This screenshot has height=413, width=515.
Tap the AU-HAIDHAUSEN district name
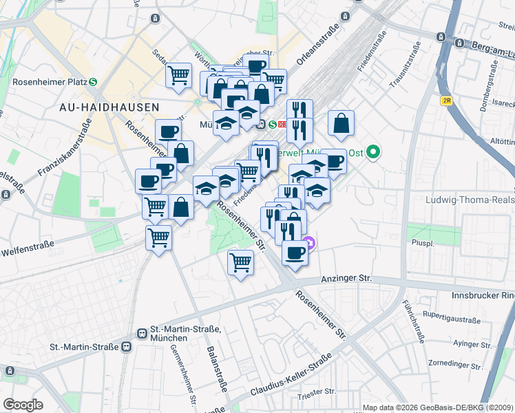[109, 107]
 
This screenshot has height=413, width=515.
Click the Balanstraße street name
[216, 369]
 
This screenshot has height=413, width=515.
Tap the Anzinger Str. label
[346, 279]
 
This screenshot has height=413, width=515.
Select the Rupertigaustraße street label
[452, 319]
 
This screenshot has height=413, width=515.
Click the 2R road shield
[447, 100]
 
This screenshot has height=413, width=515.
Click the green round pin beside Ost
[373, 151]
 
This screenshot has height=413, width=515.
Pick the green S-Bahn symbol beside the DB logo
[273, 125]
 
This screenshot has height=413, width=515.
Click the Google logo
[23, 404]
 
